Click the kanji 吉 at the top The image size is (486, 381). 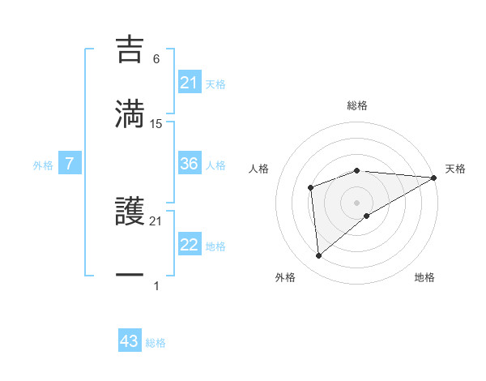tap(130, 49)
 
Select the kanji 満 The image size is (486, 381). tap(130, 113)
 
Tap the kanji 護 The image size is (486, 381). tap(130, 213)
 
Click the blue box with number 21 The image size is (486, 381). tap(190, 83)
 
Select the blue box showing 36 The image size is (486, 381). tap(190, 164)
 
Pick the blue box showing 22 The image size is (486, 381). tap(190, 245)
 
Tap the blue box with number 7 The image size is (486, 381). tap(70, 164)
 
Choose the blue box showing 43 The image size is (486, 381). tap(130, 341)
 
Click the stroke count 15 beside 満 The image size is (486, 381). tap(156, 124)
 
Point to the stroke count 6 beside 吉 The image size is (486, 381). tap(156, 58)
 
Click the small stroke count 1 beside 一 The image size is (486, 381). tap(156, 286)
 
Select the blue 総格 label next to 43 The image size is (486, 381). tap(156, 343)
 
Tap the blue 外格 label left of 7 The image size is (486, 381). tap(43, 165)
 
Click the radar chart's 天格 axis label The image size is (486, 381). tap(455, 169)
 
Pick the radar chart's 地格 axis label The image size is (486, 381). tap(424, 278)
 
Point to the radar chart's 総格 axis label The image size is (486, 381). tap(357, 105)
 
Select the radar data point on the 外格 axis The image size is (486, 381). tap(319, 256)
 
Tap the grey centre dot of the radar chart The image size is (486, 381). tap(357, 202)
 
